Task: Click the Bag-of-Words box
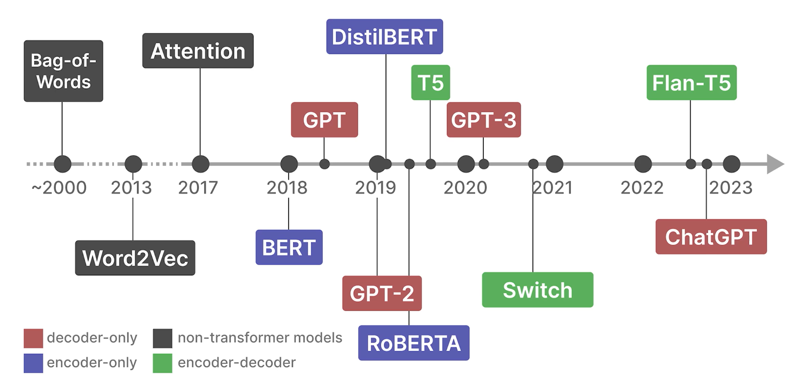(63, 71)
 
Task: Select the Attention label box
(198, 51)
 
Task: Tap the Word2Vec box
(135, 258)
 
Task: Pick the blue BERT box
(289, 247)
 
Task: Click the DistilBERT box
(384, 37)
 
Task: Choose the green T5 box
(431, 83)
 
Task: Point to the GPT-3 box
(483, 120)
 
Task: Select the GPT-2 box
(382, 293)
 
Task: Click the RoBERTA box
(413, 343)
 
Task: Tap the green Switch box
(537, 290)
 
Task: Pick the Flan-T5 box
(691, 83)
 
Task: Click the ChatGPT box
(711, 237)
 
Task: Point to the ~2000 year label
(59, 188)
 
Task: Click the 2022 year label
(642, 188)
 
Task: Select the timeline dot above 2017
(200, 164)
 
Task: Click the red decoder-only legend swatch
(33, 338)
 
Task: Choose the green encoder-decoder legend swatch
(163, 363)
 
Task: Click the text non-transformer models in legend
(260, 338)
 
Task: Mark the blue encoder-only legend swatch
(33, 363)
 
